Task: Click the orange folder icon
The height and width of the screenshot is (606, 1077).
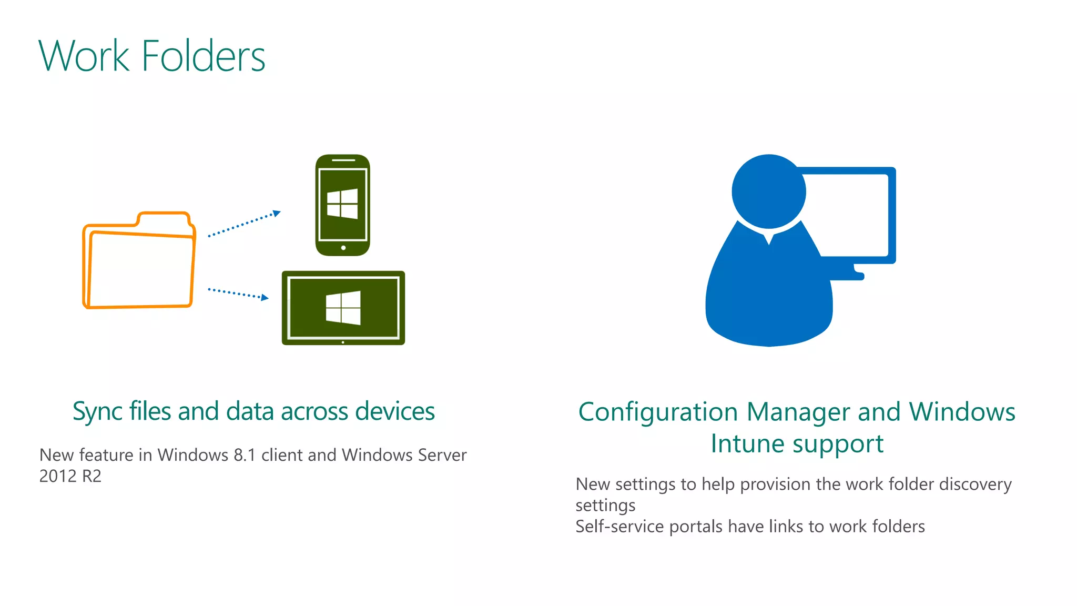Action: pos(139,261)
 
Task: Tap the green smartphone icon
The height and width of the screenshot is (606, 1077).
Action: pos(342,205)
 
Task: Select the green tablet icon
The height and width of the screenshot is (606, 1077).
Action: pos(343,308)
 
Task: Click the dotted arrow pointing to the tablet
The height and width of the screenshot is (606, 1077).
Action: pos(238,294)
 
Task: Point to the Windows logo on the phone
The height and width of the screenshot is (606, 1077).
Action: pos(342,204)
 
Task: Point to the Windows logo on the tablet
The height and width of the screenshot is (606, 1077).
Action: pos(343,308)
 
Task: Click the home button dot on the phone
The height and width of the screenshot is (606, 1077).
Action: pos(343,248)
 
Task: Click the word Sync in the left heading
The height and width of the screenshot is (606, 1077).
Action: pos(95,411)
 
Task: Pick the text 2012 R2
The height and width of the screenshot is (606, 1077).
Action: pos(70,476)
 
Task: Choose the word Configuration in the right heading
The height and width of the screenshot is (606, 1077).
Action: pos(658,412)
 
